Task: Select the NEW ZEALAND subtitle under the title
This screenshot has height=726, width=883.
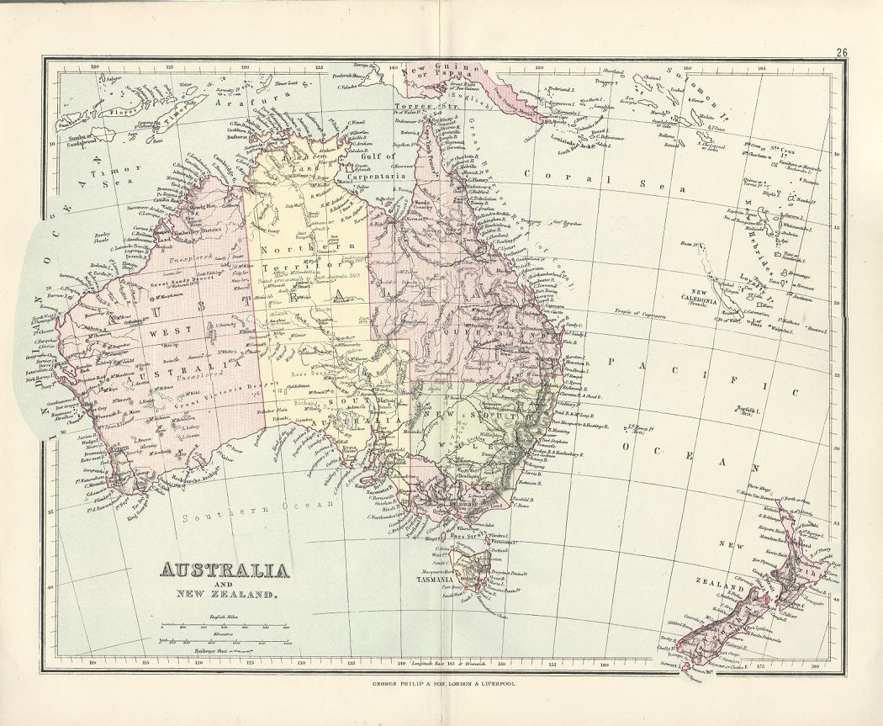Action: [225, 595]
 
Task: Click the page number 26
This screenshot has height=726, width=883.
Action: [841, 52]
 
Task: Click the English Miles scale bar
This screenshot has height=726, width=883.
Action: [222, 627]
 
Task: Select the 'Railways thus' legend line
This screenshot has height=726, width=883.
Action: [222, 650]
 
